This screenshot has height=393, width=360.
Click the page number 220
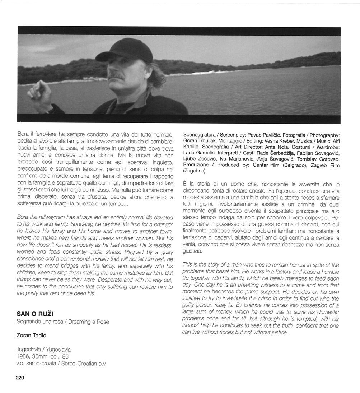click(x=19, y=378)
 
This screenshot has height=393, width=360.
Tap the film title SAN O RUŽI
click(x=35, y=314)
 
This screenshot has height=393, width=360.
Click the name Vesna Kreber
click(x=266, y=141)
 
